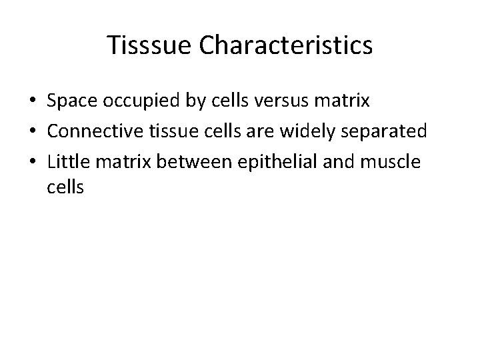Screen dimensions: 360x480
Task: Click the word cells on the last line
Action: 65,188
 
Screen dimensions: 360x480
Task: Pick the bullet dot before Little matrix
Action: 32,161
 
